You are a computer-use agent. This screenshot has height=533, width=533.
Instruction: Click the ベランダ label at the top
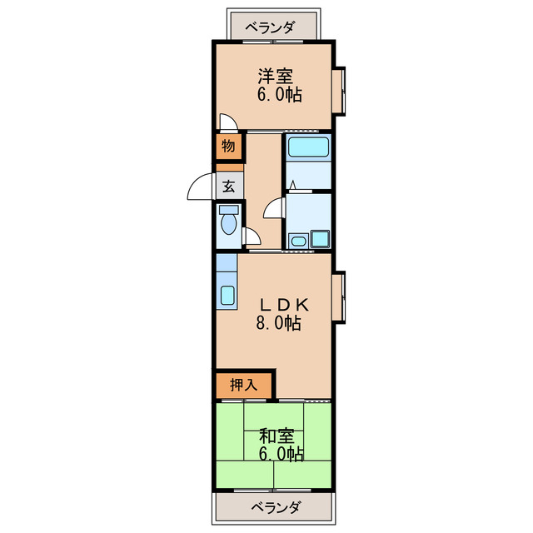click(x=270, y=27)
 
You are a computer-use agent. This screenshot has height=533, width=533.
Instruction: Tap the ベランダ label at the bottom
click(x=276, y=507)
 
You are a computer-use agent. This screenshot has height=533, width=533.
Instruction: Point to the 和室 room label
click(x=275, y=436)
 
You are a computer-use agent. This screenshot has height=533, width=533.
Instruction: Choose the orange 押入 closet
click(x=244, y=385)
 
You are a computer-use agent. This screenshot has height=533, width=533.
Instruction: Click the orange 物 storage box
click(x=228, y=147)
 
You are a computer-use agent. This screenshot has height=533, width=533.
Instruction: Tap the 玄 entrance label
click(x=228, y=185)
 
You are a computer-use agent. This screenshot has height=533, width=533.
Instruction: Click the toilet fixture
click(x=227, y=222)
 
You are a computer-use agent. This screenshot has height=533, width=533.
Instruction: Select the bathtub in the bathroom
click(x=309, y=148)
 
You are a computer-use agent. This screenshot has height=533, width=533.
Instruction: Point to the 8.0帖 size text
click(x=277, y=324)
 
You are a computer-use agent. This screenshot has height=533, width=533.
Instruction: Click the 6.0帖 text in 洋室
click(x=278, y=94)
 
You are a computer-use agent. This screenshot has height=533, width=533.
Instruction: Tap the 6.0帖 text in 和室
click(x=280, y=454)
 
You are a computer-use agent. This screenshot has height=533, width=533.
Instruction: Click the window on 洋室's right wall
click(x=339, y=91)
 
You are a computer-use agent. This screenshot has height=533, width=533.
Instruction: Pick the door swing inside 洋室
click(x=228, y=122)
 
